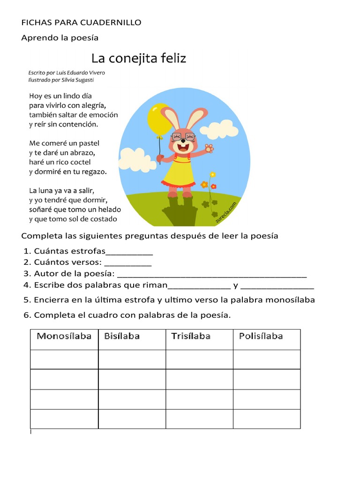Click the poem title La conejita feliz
[139, 59]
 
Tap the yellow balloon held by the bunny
[159, 119]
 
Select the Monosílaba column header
[64, 336]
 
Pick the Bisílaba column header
[122, 336]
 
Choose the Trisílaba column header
[191, 336]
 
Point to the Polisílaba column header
[261, 336]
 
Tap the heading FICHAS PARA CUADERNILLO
[81, 22]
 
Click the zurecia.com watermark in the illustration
[226, 211]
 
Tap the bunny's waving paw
[209, 148]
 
